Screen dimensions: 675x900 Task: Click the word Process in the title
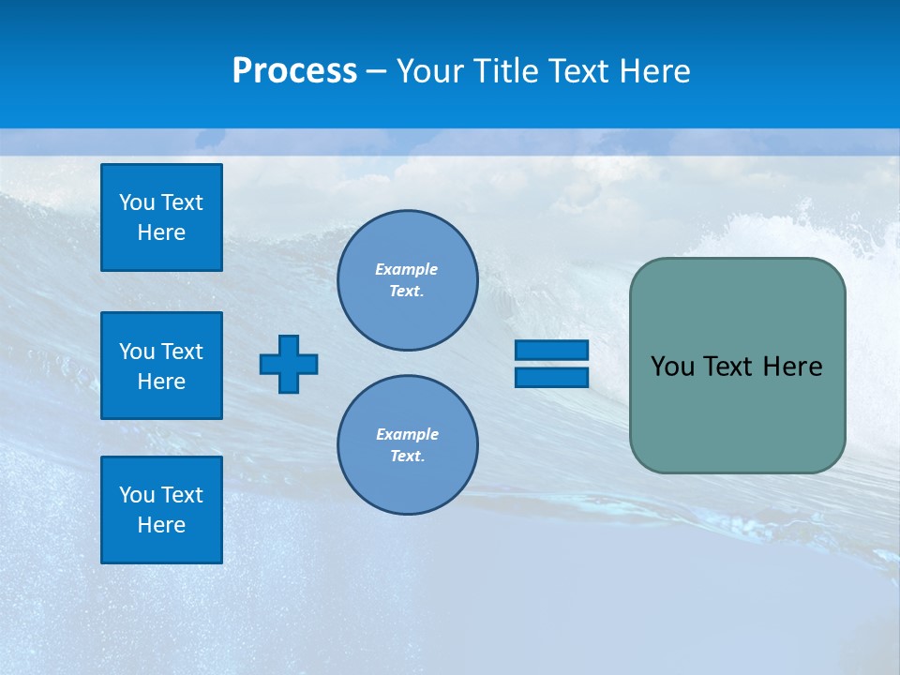click(x=294, y=71)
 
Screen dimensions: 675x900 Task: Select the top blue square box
click(x=161, y=217)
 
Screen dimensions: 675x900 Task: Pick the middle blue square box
click(x=161, y=366)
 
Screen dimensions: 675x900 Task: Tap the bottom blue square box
click(x=161, y=510)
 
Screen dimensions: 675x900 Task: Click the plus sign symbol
click(x=289, y=364)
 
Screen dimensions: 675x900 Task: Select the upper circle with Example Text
click(x=407, y=279)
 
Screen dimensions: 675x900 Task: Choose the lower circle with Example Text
click(x=407, y=444)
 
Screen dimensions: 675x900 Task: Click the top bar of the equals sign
click(x=551, y=350)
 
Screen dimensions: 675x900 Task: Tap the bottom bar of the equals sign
click(x=551, y=377)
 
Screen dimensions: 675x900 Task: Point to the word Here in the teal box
click(x=792, y=367)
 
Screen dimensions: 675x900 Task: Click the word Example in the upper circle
click(x=406, y=269)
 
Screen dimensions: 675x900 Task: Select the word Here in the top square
click(x=161, y=232)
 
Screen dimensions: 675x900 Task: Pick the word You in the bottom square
click(x=137, y=495)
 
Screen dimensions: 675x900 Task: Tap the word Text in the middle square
click(x=182, y=352)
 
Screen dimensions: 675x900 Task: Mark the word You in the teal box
click(x=671, y=367)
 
